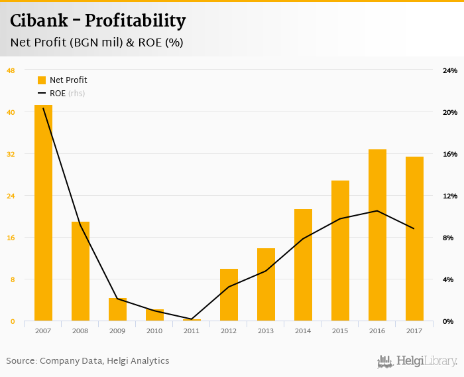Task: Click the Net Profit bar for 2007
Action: pyautogui.click(x=43, y=212)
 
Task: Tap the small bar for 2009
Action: pyautogui.click(x=117, y=309)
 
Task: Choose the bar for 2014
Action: pyautogui.click(x=303, y=265)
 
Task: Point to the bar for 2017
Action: pyautogui.click(x=414, y=239)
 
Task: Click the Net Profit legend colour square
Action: pyautogui.click(x=42, y=80)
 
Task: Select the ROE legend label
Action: pyautogui.click(x=58, y=94)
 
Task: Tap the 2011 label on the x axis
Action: pyautogui.click(x=192, y=331)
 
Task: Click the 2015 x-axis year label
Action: pyautogui.click(x=340, y=331)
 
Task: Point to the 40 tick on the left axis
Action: pyautogui.click(x=11, y=112)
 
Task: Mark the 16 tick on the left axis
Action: pyautogui.click(x=11, y=238)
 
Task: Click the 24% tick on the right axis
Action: pyautogui.click(x=450, y=70)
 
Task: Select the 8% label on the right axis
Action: pyautogui.click(x=449, y=238)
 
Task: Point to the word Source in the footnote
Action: pyautogui.click(x=21, y=361)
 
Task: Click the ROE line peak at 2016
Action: pyautogui.click(x=377, y=211)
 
